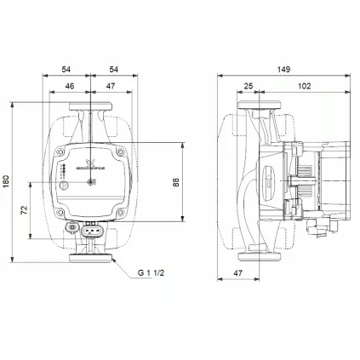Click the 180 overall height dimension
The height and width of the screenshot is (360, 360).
[x=7, y=181]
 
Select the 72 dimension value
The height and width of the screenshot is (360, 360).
[x=24, y=209]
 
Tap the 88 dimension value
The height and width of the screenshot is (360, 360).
[x=176, y=182]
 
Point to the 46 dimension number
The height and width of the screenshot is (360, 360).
[x=70, y=86]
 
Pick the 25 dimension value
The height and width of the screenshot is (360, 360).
[x=249, y=86]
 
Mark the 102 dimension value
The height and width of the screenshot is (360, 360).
[x=305, y=86]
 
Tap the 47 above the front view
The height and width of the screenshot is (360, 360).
[x=111, y=86]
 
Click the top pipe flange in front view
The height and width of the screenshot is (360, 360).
[x=89, y=109]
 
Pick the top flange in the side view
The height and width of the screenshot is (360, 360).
[x=257, y=109]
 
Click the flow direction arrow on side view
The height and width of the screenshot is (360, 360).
[x=267, y=181]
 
